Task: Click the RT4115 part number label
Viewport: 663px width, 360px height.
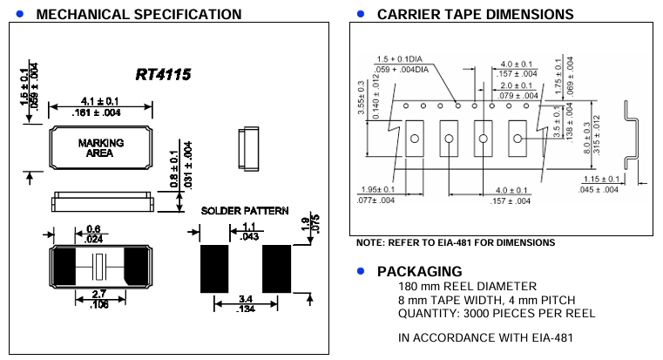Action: (x=163, y=75)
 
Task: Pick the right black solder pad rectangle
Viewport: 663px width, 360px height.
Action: (x=276, y=268)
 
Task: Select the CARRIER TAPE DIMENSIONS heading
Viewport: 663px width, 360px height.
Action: (x=475, y=14)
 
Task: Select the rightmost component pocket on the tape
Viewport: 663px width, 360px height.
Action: (x=515, y=139)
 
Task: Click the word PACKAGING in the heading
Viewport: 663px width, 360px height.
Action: (x=419, y=271)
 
